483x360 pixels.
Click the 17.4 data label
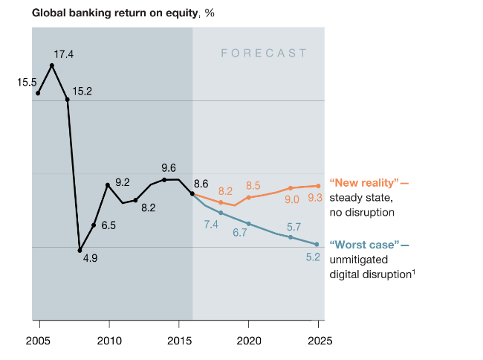(x=64, y=54)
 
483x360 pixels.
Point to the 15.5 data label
(x=27, y=82)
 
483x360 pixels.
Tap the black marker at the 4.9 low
(x=80, y=251)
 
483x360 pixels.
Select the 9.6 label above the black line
(x=169, y=168)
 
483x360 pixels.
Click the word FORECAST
(x=264, y=53)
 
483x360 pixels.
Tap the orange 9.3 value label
(x=315, y=198)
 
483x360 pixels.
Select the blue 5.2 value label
(x=314, y=257)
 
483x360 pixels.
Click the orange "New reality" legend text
(x=364, y=183)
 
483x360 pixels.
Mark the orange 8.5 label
(x=253, y=185)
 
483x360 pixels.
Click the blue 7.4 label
(x=210, y=224)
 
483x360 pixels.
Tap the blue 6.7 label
(x=240, y=233)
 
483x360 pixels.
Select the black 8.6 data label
(x=201, y=184)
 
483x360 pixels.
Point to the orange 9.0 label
(x=292, y=199)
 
